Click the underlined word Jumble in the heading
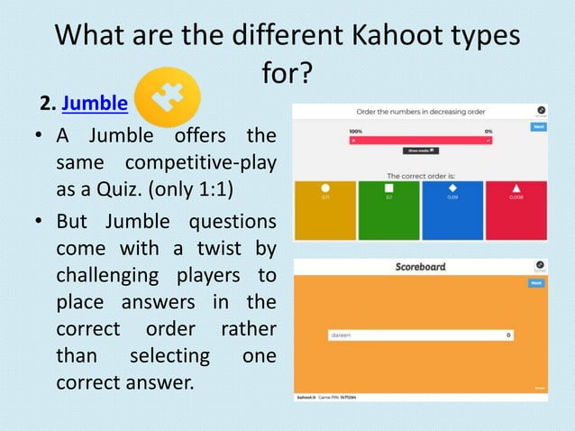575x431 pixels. tap(95, 104)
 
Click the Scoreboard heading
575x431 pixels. tap(420, 268)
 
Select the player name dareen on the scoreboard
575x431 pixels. tap(340, 335)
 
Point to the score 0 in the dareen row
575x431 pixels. tap(508, 335)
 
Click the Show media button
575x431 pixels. tap(420, 151)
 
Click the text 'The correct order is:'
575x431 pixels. tap(420, 175)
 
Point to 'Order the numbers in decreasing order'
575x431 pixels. tap(420, 111)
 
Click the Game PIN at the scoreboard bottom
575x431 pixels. tap(342, 396)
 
